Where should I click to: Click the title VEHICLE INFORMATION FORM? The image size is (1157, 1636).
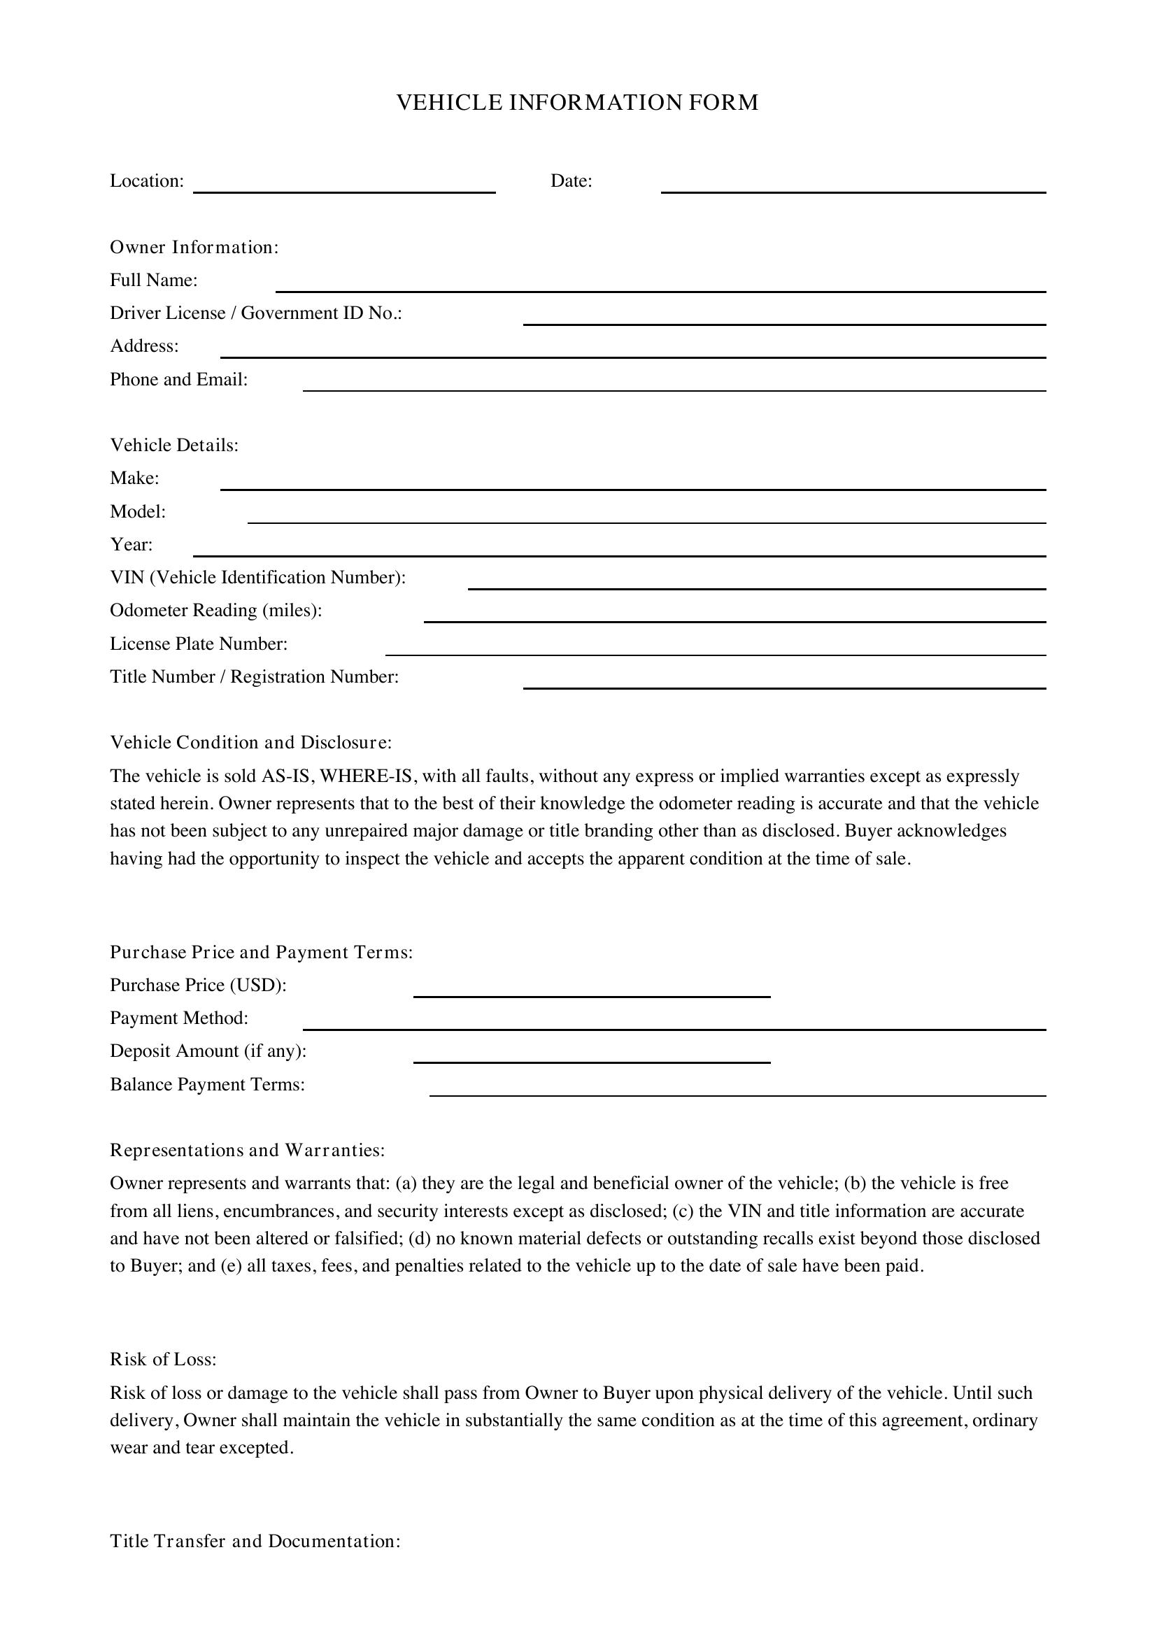click(x=577, y=103)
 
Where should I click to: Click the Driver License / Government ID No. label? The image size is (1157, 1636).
click(x=256, y=313)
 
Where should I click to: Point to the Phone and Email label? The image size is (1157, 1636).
click(x=179, y=380)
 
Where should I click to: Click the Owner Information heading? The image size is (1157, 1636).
click(x=194, y=247)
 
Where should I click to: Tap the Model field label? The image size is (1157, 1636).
click(x=138, y=511)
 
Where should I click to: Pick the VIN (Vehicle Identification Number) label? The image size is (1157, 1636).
click(x=257, y=577)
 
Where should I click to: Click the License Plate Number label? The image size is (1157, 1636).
click(x=199, y=644)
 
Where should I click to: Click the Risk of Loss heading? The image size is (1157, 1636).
click(x=163, y=1360)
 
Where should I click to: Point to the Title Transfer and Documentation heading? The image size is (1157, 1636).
click(x=255, y=1542)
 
